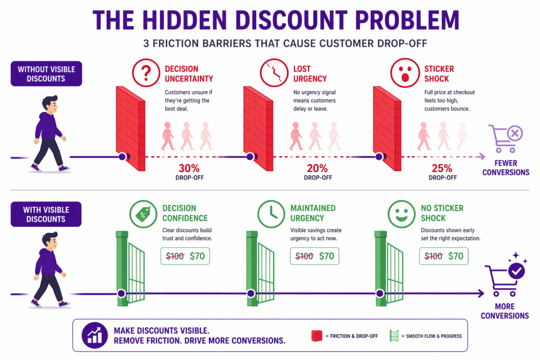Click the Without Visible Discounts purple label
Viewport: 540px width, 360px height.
pyautogui.click(x=46, y=74)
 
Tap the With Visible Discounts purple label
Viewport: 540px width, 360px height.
pyautogui.click(x=46, y=215)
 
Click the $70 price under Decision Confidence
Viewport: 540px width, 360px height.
pyautogui.click(x=197, y=257)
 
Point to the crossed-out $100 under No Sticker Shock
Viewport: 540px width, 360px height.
pyautogui.click(x=433, y=257)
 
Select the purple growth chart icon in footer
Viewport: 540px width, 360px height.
pyautogui.click(x=95, y=335)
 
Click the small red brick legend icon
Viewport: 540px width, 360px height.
pyautogui.click(x=317, y=335)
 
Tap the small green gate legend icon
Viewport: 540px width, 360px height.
pyautogui.click(x=393, y=335)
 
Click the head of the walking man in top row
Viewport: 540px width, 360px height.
pyautogui.click(x=50, y=104)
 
